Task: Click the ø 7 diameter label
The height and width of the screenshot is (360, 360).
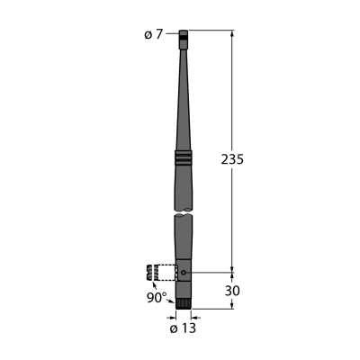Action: [x=153, y=35]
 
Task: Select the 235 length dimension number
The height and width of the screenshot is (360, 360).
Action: [x=232, y=159]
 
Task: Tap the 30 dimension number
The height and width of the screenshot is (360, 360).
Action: [x=232, y=291]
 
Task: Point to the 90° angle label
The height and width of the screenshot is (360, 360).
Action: [x=157, y=298]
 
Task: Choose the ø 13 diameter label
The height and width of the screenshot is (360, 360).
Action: [x=183, y=328]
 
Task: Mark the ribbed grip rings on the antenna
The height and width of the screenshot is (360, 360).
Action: [x=184, y=157]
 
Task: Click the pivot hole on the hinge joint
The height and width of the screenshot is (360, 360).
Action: [x=184, y=273]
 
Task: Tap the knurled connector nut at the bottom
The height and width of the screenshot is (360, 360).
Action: [x=184, y=304]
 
